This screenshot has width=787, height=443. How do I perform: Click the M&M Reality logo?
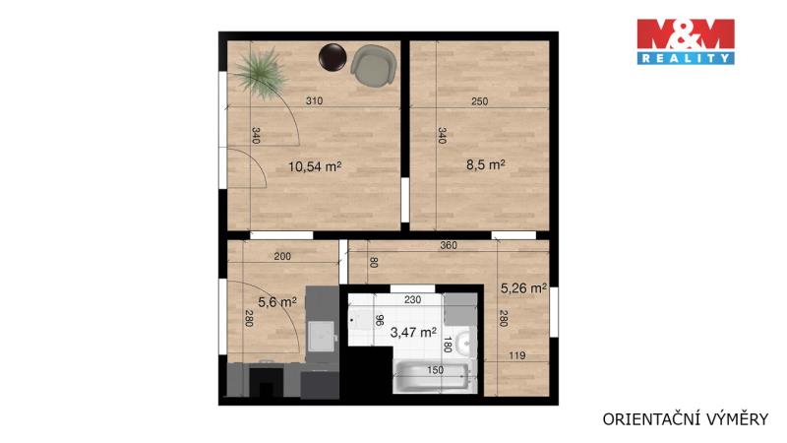[x=686, y=41]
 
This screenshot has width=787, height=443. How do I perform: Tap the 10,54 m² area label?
[x=315, y=166]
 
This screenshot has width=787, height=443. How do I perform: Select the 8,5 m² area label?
[x=485, y=164]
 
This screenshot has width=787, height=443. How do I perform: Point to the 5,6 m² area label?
[x=277, y=302]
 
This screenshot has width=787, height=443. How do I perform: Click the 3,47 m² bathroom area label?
[x=413, y=332]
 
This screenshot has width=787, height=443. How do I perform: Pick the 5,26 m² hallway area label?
[x=523, y=288]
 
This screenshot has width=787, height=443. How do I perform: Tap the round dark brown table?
[x=333, y=57]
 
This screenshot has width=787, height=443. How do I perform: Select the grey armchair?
[x=374, y=66]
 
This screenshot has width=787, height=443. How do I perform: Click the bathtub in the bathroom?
[x=434, y=377]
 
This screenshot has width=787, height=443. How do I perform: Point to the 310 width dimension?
[x=314, y=101]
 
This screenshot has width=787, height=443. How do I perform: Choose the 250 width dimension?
[x=479, y=101]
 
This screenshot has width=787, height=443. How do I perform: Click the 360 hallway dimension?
[x=449, y=245]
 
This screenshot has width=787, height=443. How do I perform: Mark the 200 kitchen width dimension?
[x=282, y=257]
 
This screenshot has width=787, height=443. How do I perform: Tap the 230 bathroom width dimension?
[x=412, y=300]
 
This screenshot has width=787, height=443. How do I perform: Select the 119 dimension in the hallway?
[x=517, y=355]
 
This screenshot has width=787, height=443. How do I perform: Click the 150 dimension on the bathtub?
[x=435, y=370]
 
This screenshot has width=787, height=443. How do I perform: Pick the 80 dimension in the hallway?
[x=374, y=262]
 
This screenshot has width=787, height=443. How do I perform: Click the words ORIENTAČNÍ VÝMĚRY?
[x=685, y=419]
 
